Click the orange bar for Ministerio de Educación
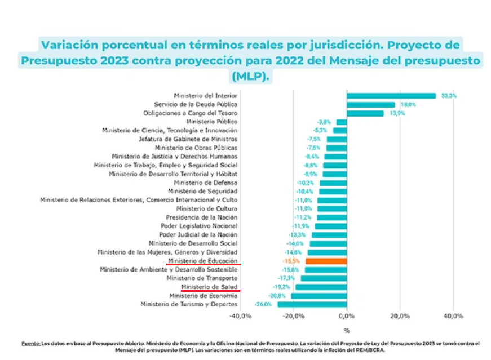pos(326,261)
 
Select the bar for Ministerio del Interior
pos(391,96)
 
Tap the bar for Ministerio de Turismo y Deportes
pos(312,304)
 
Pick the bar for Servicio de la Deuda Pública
pos(371,104)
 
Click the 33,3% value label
pos(449,96)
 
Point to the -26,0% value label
pos(263,304)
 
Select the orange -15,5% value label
pos(291,261)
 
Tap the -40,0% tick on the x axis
pos(240,316)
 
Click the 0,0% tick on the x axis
pos(347,316)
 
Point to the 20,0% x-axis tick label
pos(400,316)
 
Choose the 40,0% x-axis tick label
pos(453,316)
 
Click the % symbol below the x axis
pos(347,331)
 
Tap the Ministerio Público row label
pos(211,122)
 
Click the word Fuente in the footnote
pos(30,343)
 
